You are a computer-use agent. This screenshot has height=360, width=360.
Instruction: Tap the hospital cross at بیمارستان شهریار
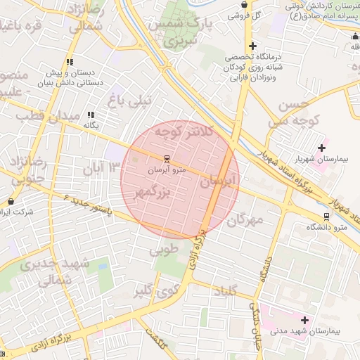(x=322, y=148)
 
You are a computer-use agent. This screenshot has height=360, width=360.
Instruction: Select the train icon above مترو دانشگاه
(x=326, y=217)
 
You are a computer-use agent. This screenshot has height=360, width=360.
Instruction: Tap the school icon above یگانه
(x=91, y=115)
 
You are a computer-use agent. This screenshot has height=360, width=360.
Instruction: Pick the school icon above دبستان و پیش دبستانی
(x=70, y=62)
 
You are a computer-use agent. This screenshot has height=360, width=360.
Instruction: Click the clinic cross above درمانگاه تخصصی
(x=252, y=46)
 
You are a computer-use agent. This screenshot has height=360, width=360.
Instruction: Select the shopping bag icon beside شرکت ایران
(x=10, y=202)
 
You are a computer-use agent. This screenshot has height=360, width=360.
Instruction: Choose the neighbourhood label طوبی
(x=164, y=249)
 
